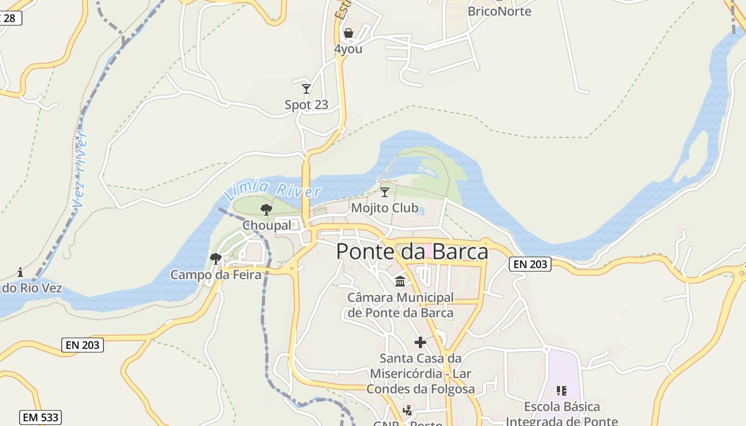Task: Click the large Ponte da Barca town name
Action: pyautogui.click(x=412, y=251)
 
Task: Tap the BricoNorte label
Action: pyautogui.click(x=499, y=11)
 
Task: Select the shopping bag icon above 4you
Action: pyautogui.click(x=348, y=34)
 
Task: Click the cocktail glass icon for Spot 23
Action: pyautogui.click(x=306, y=88)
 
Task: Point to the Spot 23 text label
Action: pyautogui.click(x=306, y=105)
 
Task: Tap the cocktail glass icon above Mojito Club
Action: pyautogui.click(x=384, y=192)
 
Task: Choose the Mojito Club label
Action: pyautogui.click(x=384, y=208)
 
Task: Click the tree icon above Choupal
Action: pyautogui.click(x=266, y=210)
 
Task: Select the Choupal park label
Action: pyautogui.click(x=267, y=225)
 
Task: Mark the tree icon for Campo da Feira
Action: pyautogui.click(x=216, y=259)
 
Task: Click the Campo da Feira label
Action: pyautogui.click(x=216, y=275)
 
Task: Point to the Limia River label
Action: pyautogui.click(x=273, y=190)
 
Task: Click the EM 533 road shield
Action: pyautogui.click(x=41, y=417)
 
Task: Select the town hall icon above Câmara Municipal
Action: pyautogui.click(x=400, y=281)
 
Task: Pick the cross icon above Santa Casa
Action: pyautogui.click(x=420, y=342)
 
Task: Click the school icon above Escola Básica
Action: pyautogui.click(x=561, y=391)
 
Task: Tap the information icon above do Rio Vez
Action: pyautogui.click(x=20, y=273)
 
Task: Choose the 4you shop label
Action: pyautogui.click(x=348, y=49)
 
